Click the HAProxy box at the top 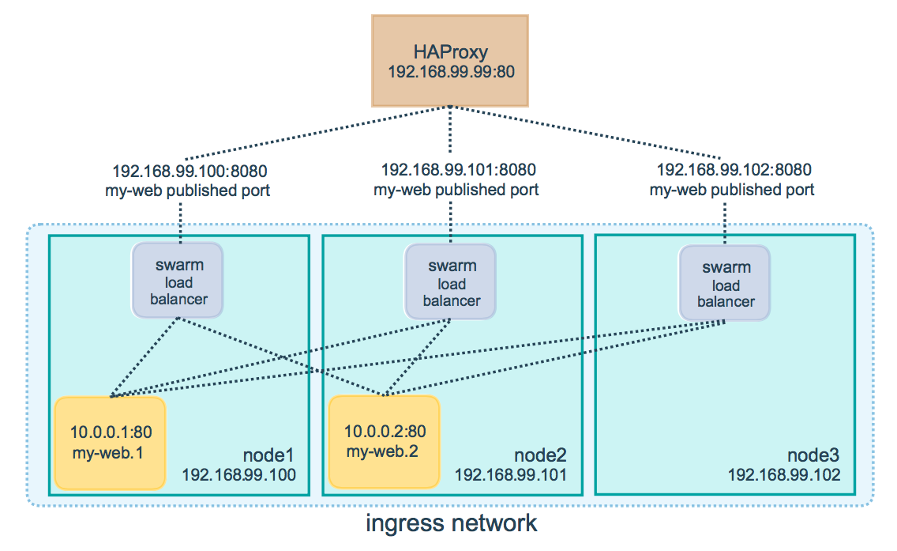[x=450, y=59]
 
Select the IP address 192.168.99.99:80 [x=451, y=72]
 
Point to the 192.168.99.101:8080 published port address [x=458, y=170]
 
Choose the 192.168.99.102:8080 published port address [x=734, y=170]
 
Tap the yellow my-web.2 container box [x=384, y=442]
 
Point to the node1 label [x=268, y=455]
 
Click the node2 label [x=541, y=455]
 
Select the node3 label [x=813, y=455]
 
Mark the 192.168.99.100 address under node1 [x=238, y=475]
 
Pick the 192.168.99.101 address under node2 [x=511, y=475]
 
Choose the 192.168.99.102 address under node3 [x=784, y=475]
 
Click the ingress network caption [x=451, y=523]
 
